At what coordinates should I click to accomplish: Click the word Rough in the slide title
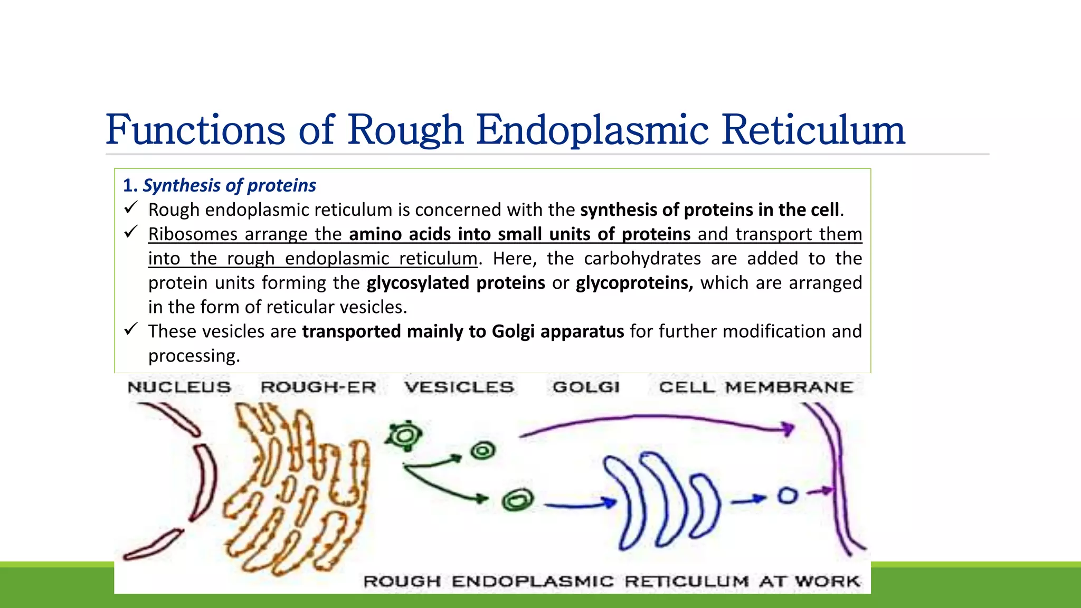tap(405, 130)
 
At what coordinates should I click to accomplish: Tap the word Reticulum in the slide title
tap(813, 130)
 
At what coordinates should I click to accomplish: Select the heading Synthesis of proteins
tap(229, 185)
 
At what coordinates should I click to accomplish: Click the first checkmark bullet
tap(131, 208)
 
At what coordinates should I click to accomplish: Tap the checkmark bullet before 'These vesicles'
tap(131, 329)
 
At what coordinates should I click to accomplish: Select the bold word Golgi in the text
tap(513, 331)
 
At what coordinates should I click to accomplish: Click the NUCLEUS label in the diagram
tap(179, 387)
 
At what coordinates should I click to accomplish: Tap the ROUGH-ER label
tap(318, 387)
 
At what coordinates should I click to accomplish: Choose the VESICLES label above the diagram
tap(459, 387)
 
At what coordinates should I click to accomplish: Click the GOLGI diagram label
tap(586, 387)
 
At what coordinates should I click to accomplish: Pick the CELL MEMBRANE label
tap(756, 387)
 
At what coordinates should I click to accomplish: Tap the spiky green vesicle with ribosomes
tap(404, 435)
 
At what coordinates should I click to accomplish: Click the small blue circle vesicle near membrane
tap(787, 496)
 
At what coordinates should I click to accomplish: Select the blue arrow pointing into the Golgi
tap(581, 505)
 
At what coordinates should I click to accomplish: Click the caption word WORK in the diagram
tap(828, 581)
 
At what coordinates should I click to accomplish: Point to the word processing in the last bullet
tap(194, 356)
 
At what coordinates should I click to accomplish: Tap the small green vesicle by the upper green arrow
tap(483, 451)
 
